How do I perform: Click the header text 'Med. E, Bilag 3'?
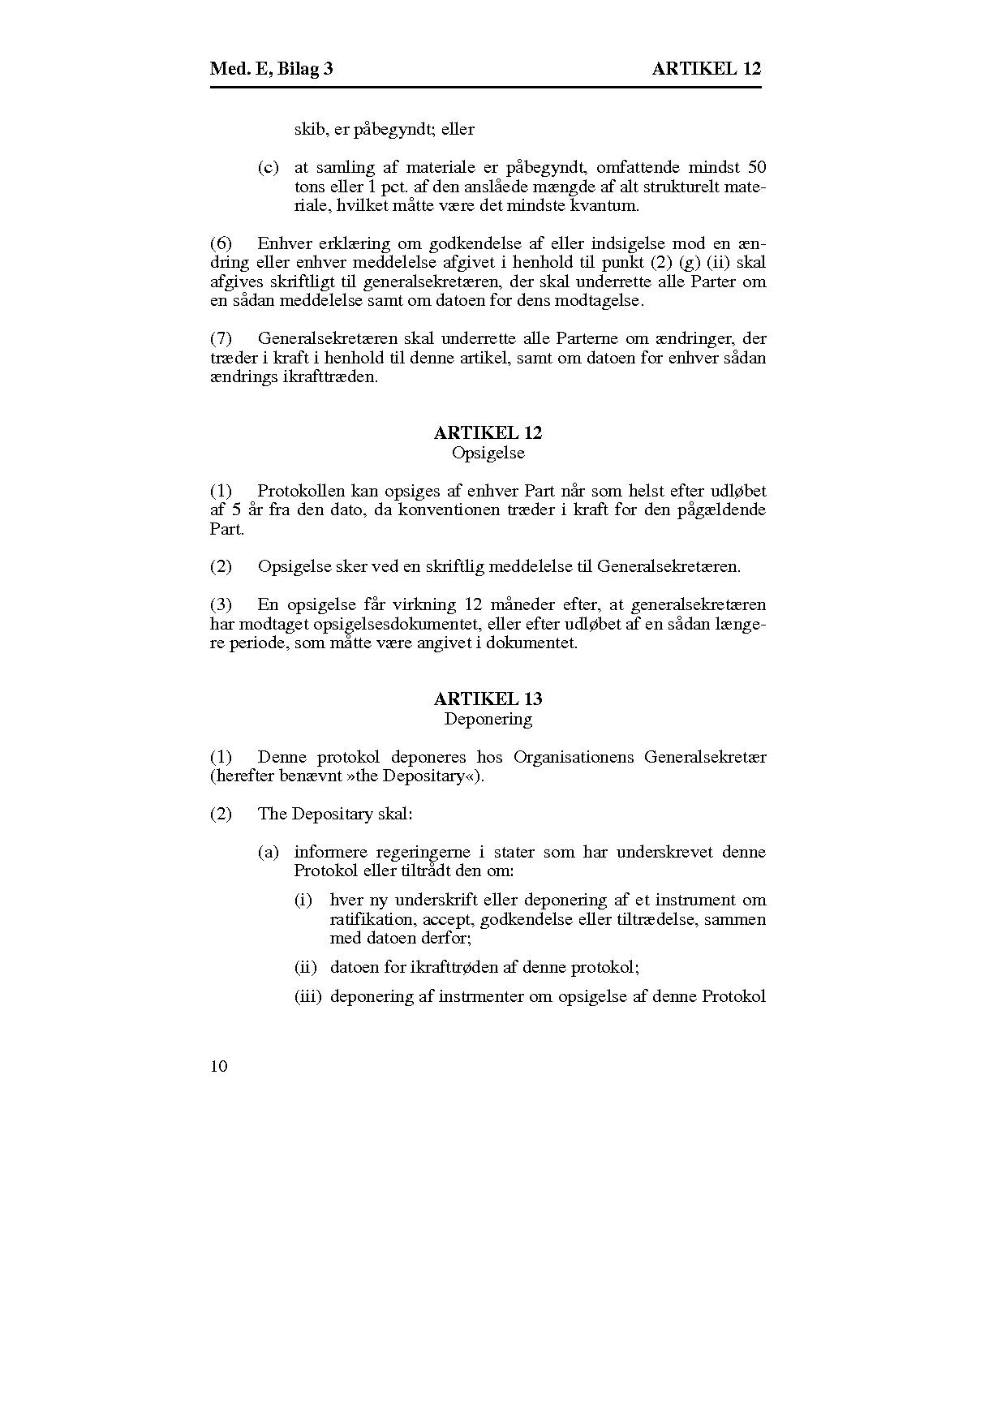(x=271, y=69)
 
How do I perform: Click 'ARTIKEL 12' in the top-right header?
(x=707, y=69)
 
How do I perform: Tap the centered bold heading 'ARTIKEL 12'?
(x=488, y=433)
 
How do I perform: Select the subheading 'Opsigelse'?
(x=488, y=453)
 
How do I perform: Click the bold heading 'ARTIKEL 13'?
(x=488, y=699)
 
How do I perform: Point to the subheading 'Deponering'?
(x=488, y=719)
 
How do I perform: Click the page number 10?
(x=219, y=1066)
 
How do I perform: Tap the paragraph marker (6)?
(x=221, y=243)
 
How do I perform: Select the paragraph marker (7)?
(x=221, y=338)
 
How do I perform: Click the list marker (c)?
(x=269, y=168)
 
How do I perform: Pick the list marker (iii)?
(x=307, y=996)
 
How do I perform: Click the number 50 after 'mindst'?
(x=756, y=168)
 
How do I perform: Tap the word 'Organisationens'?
(x=574, y=757)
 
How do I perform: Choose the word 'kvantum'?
(x=607, y=206)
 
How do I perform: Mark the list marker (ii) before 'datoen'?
(x=305, y=967)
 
